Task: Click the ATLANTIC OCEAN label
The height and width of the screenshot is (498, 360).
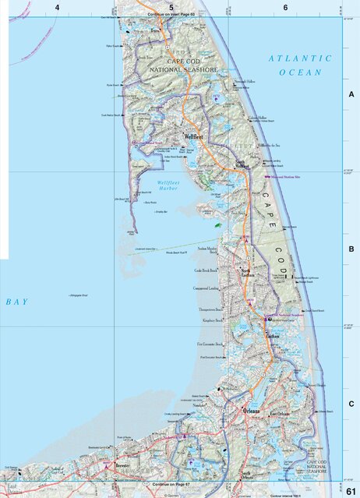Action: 299,65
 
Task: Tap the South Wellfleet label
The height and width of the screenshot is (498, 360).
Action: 242,165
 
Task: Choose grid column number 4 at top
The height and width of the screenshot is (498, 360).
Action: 57,7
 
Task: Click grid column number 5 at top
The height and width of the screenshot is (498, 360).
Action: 171,7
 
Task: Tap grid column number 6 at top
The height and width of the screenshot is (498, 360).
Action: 285,7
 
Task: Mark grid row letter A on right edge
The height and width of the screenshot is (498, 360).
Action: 351,94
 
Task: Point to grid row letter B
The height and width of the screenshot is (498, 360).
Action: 351,249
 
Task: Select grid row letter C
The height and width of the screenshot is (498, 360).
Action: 351,404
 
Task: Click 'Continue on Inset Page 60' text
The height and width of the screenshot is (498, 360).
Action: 171,15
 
